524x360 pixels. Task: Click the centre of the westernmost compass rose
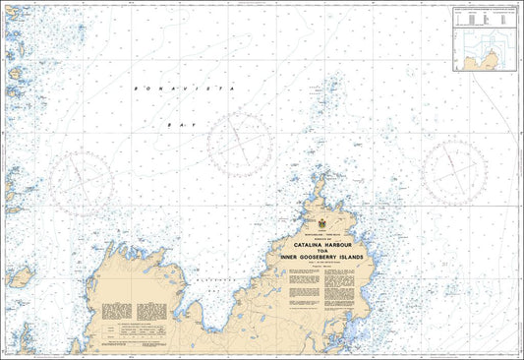[x=83, y=182]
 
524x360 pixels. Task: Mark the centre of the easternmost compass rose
[x=454, y=169]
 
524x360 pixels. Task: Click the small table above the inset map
[x=482, y=17]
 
